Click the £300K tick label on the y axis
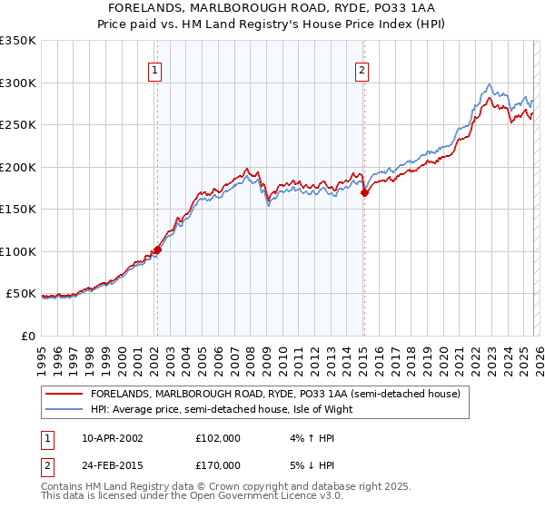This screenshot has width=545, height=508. [x=18, y=83]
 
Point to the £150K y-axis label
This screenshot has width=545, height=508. [x=18, y=209]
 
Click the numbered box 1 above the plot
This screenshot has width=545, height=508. [x=156, y=71]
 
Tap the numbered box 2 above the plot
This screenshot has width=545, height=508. [x=362, y=71]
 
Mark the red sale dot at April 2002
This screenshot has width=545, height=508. [x=157, y=249]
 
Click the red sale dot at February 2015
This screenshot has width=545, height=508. [x=364, y=192]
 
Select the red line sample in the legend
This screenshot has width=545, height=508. [x=64, y=395]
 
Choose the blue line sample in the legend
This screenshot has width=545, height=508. [x=64, y=408]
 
